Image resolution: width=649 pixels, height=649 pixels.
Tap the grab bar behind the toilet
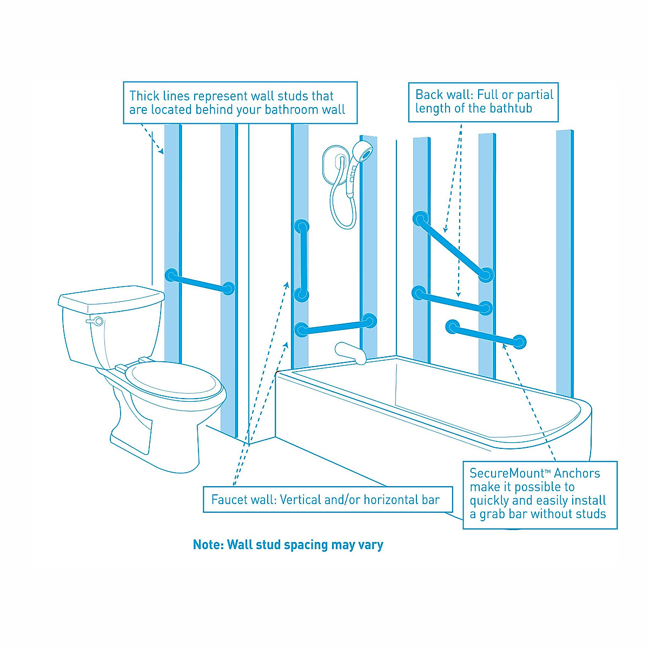click(x=200, y=282)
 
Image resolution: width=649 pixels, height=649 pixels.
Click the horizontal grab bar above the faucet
click(x=335, y=325)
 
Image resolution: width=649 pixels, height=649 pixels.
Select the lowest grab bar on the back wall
click(x=486, y=334)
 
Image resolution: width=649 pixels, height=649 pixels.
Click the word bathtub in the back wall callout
click(x=511, y=109)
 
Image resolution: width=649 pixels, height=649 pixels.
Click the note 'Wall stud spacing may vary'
click(x=288, y=545)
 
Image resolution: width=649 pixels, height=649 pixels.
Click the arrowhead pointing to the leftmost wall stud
click(x=160, y=152)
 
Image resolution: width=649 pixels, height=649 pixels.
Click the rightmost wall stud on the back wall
click(x=565, y=260)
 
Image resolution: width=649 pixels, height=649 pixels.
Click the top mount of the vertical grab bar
click(x=302, y=226)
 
